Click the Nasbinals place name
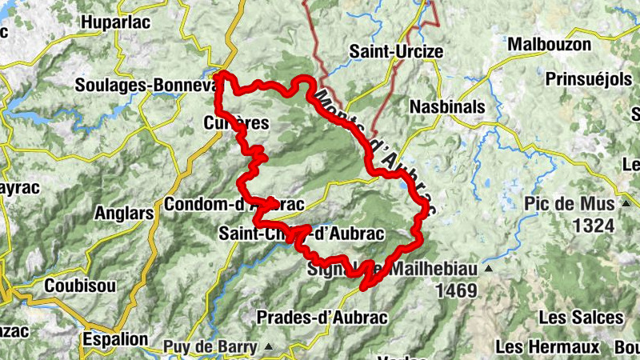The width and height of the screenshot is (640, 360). pyautogui.click(x=447, y=106)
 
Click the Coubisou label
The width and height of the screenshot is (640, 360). pyautogui.click(x=80, y=285)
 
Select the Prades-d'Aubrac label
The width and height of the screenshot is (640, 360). pyautogui.click(x=322, y=318)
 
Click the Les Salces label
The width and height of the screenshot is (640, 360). pyautogui.click(x=580, y=317)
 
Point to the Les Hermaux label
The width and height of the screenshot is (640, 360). pyautogui.click(x=547, y=346)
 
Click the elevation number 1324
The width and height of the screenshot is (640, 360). pyautogui.click(x=594, y=225)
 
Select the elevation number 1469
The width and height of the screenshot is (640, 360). pyautogui.click(x=456, y=291)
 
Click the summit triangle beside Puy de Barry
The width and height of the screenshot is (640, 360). pyautogui.click(x=269, y=347)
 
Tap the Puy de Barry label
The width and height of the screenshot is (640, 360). pyautogui.click(x=210, y=347)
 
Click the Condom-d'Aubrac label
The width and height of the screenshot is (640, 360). pyautogui.click(x=234, y=205)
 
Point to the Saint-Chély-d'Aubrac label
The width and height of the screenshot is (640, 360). pyautogui.click(x=302, y=234)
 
